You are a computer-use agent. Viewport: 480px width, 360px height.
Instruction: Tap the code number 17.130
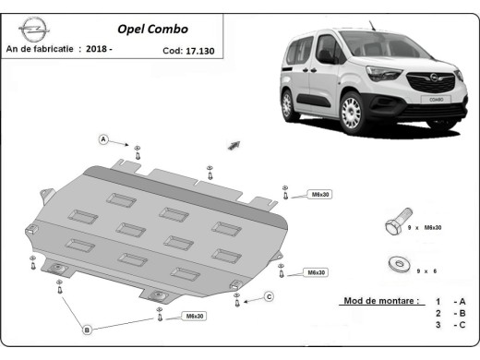coord(196,52)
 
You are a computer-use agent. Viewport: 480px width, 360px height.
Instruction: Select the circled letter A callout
coord(104,139)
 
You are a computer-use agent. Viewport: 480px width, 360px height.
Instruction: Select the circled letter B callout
coord(87,330)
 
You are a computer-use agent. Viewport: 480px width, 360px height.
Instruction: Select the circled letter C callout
coord(269,295)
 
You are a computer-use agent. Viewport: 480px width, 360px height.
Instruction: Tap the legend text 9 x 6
coord(426,269)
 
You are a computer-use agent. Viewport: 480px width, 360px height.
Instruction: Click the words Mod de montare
coord(380,302)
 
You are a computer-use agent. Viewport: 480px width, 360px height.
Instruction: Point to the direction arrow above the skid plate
coord(234,145)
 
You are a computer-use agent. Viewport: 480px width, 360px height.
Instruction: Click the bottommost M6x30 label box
coord(194,317)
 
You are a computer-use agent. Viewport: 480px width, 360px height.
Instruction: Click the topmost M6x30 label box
coord(318,195)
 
